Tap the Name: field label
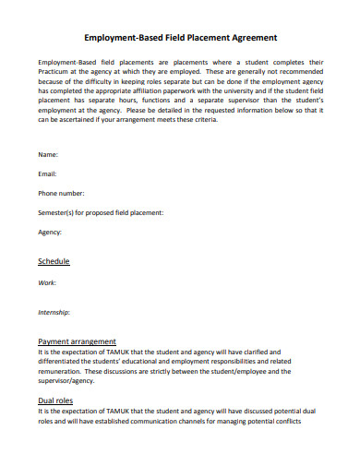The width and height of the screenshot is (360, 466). [49, 153]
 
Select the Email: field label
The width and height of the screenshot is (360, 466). [48, 173]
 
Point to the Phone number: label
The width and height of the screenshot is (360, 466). [61, 193]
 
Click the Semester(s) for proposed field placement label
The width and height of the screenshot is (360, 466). [101, 212]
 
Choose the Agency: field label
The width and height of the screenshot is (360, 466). [51, 233]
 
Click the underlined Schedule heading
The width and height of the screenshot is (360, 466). [54, 261]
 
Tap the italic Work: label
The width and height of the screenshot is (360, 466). [47, 282]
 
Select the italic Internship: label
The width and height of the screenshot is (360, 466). [54, 313]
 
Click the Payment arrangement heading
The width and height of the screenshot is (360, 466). [77, 341]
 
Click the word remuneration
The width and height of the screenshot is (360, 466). [62, 372]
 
